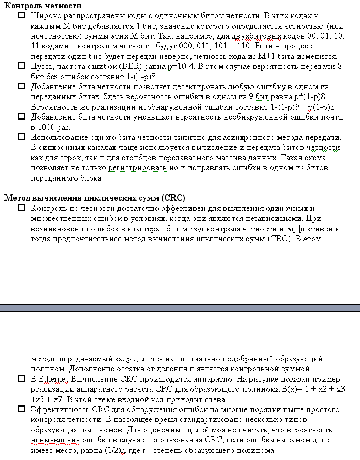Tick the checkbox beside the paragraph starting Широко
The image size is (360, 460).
[21, 17]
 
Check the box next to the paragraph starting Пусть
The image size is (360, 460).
[21, 66]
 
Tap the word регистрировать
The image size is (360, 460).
[156, 168]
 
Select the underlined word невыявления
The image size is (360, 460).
[56, 440]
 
